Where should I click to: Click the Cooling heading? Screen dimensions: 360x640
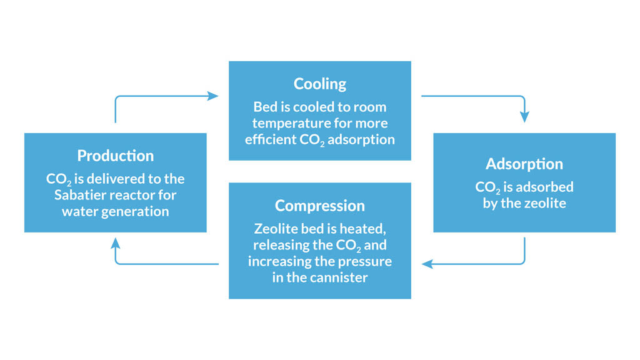[320, 84]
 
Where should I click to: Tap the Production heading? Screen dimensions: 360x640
[115, 156]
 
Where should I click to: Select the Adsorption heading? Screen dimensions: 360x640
[524, 164]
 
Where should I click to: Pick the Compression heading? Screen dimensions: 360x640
[319, 206]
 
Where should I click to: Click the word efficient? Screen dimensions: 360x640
[271, 139]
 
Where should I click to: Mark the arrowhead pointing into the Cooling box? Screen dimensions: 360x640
[214, 96]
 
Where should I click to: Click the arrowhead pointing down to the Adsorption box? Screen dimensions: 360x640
[524, 117]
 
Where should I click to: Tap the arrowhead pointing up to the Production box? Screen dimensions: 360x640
[116, 243]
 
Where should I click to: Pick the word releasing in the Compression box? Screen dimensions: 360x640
[275, 244]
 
